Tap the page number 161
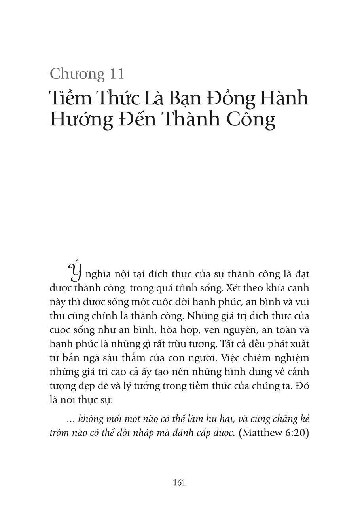[179, 482]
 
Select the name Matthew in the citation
[261, 432]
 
